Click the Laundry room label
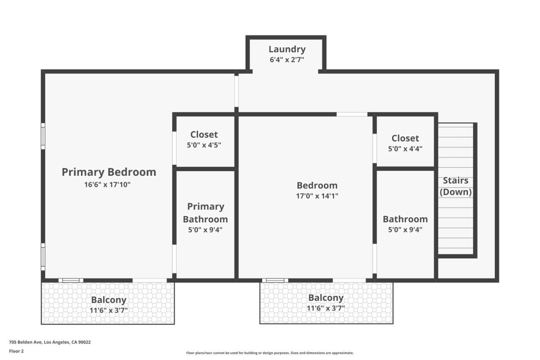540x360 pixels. pyautogui.click(x=287, y=49)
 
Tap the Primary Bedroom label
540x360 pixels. pyautogui.click(x=109, y=172)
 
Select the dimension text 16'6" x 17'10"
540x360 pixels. pyautogui.click(x=107, y=184)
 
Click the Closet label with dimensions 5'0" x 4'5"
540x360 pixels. pyautogui.click(x=204, y=135)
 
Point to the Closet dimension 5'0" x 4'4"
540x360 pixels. pyautogui.click(x=405, y=148)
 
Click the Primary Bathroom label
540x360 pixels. pyautogui.click(x=205, y=213)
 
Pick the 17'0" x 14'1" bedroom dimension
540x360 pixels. pyautogui.click(x=317, y=196)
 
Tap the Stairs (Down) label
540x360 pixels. pyautogui.click(x=455, y=186)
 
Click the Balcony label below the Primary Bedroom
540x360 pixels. pyautogui.click(x=109, y=300)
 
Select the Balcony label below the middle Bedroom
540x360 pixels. pyautogui.click(x=326, y=298)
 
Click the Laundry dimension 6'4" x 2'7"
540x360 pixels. pyautogui.click(x=287, y=59)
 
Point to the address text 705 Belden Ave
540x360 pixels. pyautogui.click(x=26, y=342)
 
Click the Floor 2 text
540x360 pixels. pyautogui.click(x=16, y=351)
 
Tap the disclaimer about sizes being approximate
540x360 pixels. pyautogui.click(x=270, y=353)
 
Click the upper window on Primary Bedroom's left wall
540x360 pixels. pyautogui.click(x=43, y=136)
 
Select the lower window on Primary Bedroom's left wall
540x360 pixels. pyautogui.click(x=43, y=256)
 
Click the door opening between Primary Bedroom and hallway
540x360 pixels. pyautogui.click(x=237, y=91)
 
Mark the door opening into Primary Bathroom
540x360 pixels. pyautogui.click(x=174, y=259)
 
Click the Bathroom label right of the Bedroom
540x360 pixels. pyautogui.click(x=405, y=219)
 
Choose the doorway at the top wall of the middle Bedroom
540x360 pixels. pyautogui.click(x=352, y=114)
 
